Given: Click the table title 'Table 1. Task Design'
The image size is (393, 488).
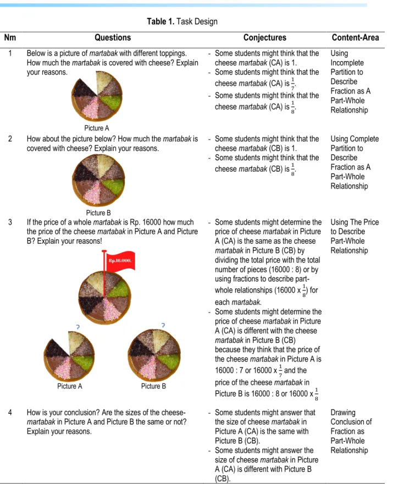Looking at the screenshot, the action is coord(182,21).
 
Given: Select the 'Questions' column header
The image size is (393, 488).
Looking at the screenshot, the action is coord(113,37).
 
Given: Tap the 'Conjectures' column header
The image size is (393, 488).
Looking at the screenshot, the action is coord(265,37).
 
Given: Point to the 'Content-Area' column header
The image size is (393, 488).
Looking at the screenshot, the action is coord(356,37).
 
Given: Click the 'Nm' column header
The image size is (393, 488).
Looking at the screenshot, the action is coord(10,37).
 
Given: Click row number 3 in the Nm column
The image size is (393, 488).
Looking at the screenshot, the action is coord(10,222).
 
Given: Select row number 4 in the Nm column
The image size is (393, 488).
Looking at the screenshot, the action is coord(10,413).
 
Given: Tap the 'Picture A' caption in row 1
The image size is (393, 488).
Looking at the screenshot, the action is coord(97,128).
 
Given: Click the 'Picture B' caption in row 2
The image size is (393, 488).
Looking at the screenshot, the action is coord(98,213).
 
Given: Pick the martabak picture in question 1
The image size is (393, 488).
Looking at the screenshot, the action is coord(97,96).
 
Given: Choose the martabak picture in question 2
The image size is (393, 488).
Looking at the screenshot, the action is coord(98,180).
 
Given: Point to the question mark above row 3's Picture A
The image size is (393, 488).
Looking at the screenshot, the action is coord(78,327).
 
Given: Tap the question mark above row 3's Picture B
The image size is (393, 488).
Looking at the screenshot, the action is coord(163,325).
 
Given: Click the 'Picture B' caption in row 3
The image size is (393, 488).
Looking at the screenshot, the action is coord(153,386).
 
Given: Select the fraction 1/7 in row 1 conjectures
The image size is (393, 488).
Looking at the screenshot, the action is coord(292,84).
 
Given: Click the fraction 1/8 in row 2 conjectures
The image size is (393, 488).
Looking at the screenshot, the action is coord(292,169).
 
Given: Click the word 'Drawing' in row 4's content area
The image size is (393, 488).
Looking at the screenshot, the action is coord(343,413).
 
